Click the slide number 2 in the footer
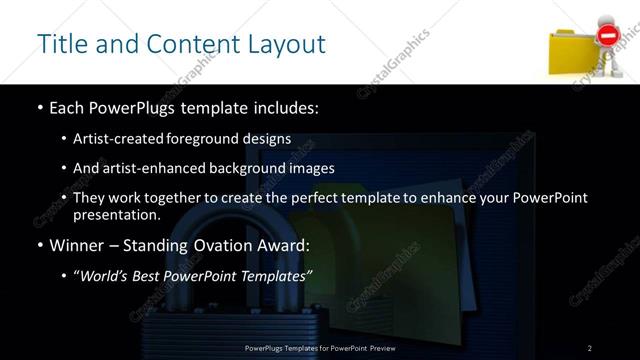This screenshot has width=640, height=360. coord(589,348)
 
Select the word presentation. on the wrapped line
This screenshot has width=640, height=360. coord(117,215)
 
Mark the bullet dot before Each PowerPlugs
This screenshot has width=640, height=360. coord(39,107)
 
